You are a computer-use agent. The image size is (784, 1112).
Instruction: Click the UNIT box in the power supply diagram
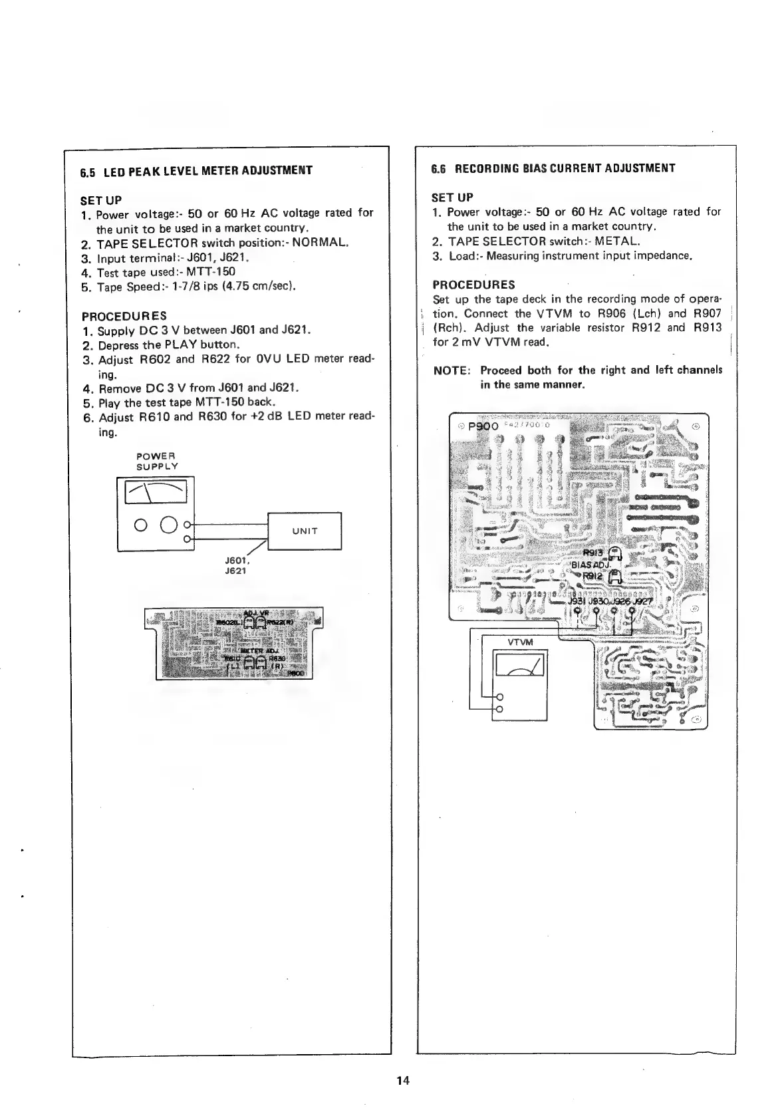pos(304,531)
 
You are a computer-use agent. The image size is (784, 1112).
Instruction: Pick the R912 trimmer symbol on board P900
pos(615,577)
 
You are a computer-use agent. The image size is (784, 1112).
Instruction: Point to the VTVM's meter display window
pos(519,665)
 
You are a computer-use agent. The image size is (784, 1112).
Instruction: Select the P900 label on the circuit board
pos(483,428)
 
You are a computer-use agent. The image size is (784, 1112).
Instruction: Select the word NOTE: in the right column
pos(452,370)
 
